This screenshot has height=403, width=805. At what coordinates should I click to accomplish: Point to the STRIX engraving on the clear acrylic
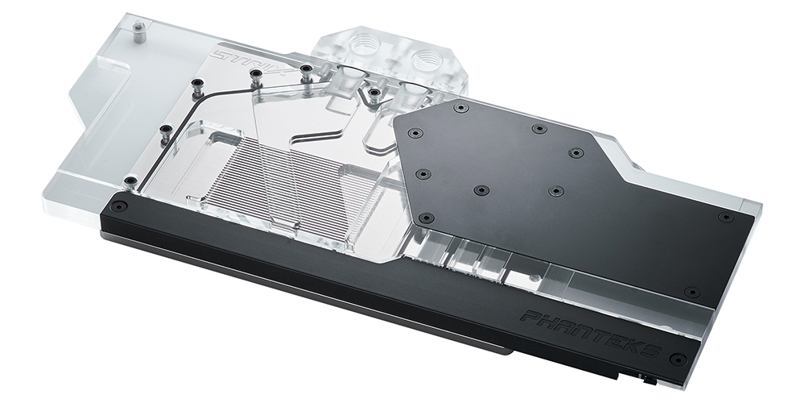pyautogui.click(x=254, y=63)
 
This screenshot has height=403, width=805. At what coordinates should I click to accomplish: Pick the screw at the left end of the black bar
pyautogui.click(x=119, y=206)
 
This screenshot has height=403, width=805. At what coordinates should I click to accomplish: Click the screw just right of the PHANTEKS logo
pyautogui.click(x=678, y=359)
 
